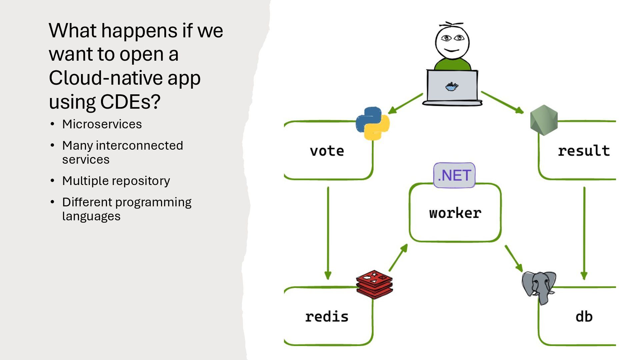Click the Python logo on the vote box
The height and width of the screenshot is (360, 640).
click(x=372, y=123)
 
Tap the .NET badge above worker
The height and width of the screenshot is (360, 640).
click(x=454, y=175)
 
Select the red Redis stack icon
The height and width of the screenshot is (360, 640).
click(x=374, y=284)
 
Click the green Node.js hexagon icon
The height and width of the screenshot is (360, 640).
click(x=544, y=120)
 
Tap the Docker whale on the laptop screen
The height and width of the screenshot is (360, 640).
click(x=452, y=87)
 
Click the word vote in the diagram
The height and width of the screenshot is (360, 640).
click(x=327, y=151)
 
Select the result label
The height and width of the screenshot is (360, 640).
click(x=584, y=151)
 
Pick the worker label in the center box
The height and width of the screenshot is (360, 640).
click(x=455, y=213)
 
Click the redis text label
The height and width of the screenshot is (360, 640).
click(x=327, y=317)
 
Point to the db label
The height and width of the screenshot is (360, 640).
click(x=584, y=317)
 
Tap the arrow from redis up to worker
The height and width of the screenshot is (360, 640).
click(x=398, y=258)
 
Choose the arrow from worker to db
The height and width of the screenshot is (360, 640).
click(x=514, y=258)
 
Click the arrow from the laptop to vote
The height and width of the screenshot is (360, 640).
click(x=405, y=104)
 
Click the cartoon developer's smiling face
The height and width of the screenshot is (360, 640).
click(x=452, y=43)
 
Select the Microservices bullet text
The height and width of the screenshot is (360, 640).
click(x=102, y=124)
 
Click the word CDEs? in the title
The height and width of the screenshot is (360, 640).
click(x=130, y=102)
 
